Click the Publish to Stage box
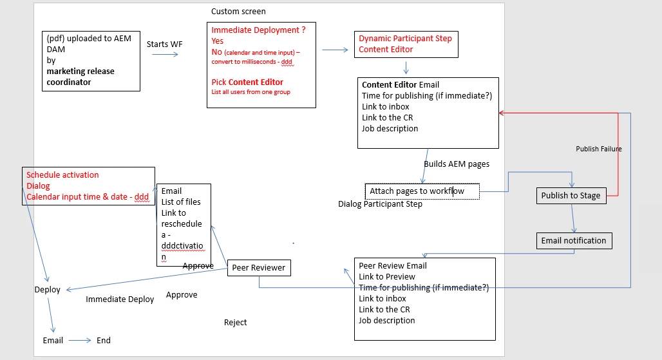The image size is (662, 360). point(571,196)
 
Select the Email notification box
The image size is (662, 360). point(573,241)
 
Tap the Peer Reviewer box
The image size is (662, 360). point(259,268)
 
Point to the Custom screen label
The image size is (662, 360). point(238,12)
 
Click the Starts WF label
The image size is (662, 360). point(165,44)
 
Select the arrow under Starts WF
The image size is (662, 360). point(165,55)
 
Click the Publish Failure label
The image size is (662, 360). point(598,149)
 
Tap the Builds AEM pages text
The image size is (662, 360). point(456,164)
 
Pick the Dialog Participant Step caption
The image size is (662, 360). point(380,204)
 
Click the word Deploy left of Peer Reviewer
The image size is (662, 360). point(47,290)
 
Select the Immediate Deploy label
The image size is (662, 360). point(120,299)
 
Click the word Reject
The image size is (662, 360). point(235,323)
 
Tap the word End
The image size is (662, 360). point(103,340)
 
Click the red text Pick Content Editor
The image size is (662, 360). point(247,82)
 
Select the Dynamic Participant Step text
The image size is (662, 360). point(405,38)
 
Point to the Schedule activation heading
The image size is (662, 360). point(62,175)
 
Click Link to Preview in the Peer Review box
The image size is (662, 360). point(386,277)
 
